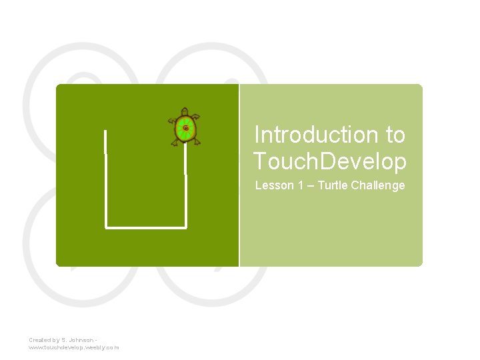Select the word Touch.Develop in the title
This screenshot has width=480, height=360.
[x=329, y=161]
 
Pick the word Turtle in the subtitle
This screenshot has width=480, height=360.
[x=331, y=185]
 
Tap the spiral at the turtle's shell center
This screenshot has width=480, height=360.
[x=186, y=127]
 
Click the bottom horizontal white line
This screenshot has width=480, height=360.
[x=145, y=227]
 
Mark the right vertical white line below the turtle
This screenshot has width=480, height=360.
[x=185, y=187]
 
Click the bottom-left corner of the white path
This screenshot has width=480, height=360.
[x=106, y=227]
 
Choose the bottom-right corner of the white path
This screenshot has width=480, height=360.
[x=186, y=227]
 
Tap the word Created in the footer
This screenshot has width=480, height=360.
[x=39, y=340]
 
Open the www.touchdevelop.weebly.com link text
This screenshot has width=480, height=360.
[x=73, y=347]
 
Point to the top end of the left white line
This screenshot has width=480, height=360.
[x=105, y=131]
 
